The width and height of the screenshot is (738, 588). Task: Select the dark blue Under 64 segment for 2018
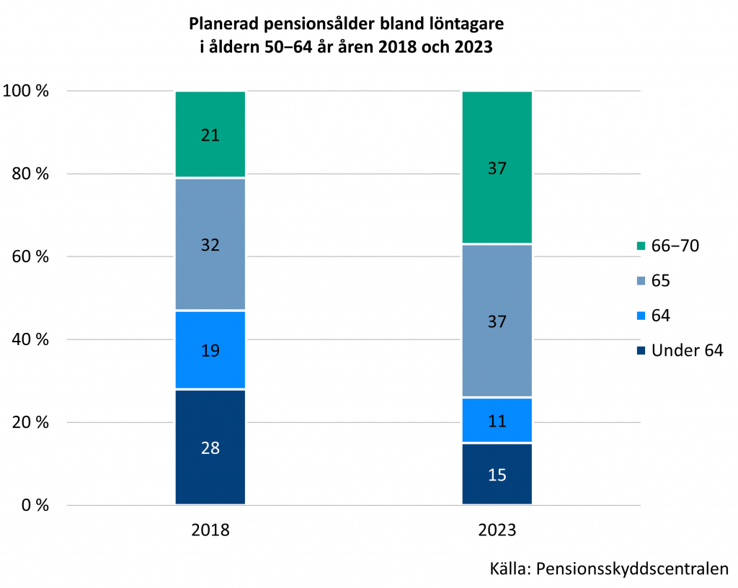[210, 468]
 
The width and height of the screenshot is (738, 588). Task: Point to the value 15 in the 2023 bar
[497, 475]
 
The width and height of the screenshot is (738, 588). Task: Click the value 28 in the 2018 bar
[210, 448]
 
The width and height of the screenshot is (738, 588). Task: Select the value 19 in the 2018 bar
[210, 351]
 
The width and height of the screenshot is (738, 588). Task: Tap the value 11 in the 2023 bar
[497, 421]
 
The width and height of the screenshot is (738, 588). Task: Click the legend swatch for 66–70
[641, 246]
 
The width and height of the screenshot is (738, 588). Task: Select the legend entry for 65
[660, 281]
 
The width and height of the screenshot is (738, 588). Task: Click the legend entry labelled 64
[660, 316]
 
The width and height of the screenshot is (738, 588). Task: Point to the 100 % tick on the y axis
[26, 92]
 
